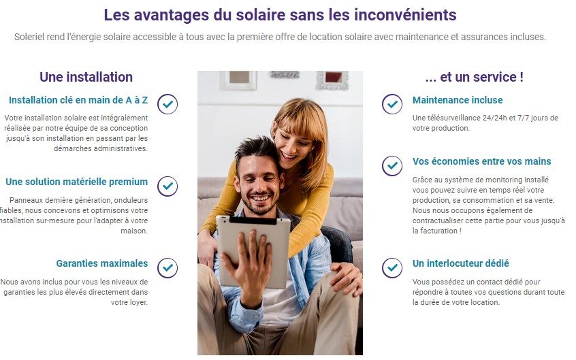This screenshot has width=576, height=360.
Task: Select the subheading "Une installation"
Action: pyautogui.click(x=86, y=77)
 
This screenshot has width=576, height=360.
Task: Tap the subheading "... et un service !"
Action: pyautogui.click(x=474, y=77)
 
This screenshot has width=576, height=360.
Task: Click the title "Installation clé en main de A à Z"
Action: pyautogui.click(x=78, y=100)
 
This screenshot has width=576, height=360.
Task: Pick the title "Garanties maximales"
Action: pyautogui.click(x=101, y=263)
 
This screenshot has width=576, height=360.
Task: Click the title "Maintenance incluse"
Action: pyautogui.click(x=458, y=100)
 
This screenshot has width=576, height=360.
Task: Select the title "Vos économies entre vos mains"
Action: pyautogui.click(x=482, y=161)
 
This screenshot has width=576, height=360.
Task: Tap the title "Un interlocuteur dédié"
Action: pyautogui.click(x=461, y=263)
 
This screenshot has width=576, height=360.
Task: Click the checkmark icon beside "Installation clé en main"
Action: pyautogui.click(x=167, y=104)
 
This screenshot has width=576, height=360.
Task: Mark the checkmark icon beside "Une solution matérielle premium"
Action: pyautogui.click(x=167, y=186)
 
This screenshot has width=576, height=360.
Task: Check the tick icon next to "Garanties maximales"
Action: pyautogui.click(x=167, y=267)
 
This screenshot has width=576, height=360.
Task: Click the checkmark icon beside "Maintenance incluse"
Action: pyautogui.click(x=391, y=104)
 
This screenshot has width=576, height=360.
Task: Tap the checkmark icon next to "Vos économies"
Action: pyautogui.click(x=391, y=165)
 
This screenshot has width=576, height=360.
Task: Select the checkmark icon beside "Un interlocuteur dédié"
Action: pyautogui.click(x=391, y=267)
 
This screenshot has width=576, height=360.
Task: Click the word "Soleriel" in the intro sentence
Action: pyautogui.click(x=32, y=36)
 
